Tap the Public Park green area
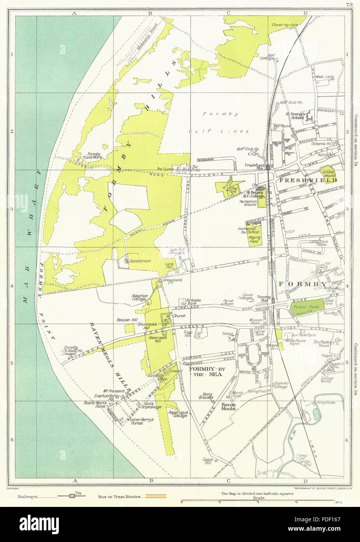[x=307, y=306]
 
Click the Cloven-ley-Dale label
[x=287, y=24]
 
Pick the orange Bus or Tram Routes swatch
[x=156, y=496]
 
